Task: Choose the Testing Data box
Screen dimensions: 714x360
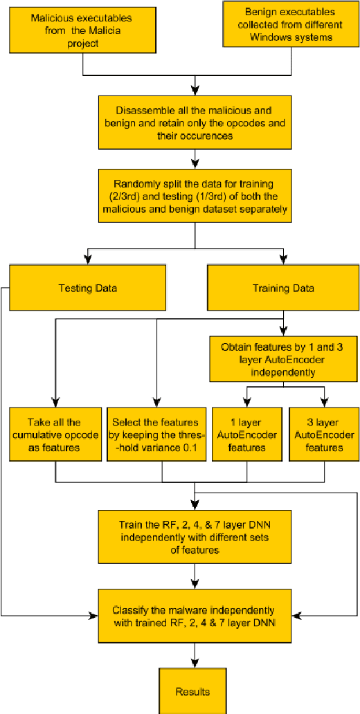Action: (x=88, y=288)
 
